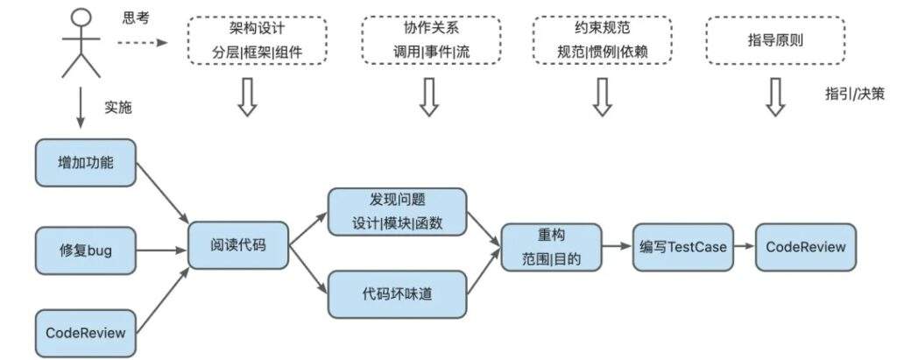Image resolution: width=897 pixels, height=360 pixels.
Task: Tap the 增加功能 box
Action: [86, 162]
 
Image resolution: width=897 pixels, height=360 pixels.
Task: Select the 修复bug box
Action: [86, 251]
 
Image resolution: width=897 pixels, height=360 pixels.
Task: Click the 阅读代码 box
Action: [238, 244]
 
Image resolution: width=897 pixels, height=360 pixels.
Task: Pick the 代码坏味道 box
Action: [398, 293]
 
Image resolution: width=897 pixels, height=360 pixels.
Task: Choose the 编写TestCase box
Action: [682, 246]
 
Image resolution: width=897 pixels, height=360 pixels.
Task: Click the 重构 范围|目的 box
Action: [552, 246]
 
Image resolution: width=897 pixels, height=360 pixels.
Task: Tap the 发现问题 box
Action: [398, 211]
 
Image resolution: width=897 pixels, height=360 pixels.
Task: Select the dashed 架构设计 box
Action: [257, 40]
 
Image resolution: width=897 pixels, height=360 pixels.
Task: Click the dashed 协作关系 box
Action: [431, 40]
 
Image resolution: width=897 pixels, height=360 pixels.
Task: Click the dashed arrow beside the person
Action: [140, 40]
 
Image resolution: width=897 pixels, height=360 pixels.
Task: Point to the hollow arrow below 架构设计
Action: [247, 96]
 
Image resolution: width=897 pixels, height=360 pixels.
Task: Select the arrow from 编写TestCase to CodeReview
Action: [744, 246]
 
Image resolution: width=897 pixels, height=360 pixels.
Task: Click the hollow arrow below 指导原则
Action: [774, 96]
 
